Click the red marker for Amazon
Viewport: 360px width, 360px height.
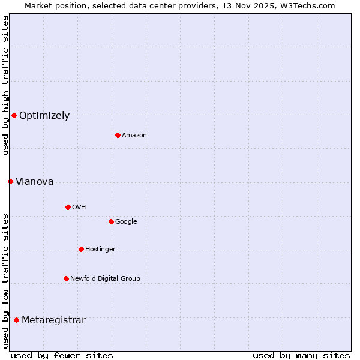[x=118, y=135]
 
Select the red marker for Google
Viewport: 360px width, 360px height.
[x=111, y=221]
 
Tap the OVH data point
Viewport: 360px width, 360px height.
[x=68, y=207]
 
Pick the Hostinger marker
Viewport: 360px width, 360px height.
[x=81, y=249]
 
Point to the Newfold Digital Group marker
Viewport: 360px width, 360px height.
[x=66, y=278]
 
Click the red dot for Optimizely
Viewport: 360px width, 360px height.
[x=14, y=115]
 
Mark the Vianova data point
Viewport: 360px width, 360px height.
[x=10, y=181]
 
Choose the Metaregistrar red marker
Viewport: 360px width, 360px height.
[x=16, y=320]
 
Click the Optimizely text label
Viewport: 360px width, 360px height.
[x=44, y=116]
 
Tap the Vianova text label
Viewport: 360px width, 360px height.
[x=34, y=182]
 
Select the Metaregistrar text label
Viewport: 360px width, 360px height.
[x=53, y=320]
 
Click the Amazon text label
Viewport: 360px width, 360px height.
[x=134, y=136]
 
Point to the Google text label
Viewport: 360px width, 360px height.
[x=126, y=222]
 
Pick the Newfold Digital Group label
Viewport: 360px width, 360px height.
[x=105, y=279]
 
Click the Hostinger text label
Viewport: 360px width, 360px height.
[x=100, y=250]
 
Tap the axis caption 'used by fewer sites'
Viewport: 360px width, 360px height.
[x=62, y=355]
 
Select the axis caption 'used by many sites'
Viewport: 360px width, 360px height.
[x=301, y=355]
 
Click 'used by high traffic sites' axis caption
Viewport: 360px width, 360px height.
[x=5, y=85]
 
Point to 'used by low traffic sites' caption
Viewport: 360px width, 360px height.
[x=5, y=281]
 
